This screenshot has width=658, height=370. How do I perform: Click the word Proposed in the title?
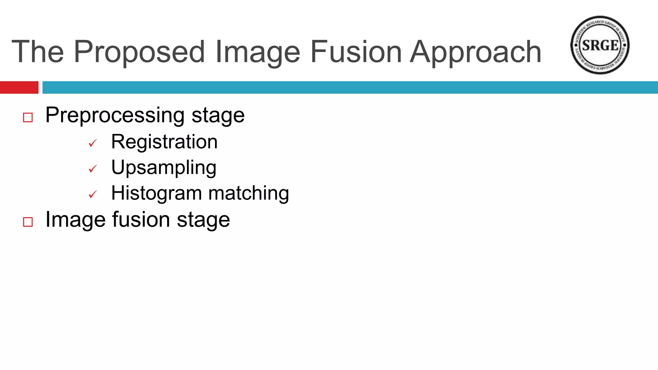tap(139, 52)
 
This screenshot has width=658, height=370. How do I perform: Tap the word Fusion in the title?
tap(356, 52)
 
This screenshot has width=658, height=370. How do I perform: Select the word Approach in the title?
tap(476, 52)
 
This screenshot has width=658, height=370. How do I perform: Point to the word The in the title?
tap(38, 52)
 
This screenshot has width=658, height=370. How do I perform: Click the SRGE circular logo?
tap(600, 45)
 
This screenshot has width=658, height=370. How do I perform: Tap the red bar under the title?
tap(19, 87)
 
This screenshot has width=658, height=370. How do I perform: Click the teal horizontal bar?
tap(350, 87)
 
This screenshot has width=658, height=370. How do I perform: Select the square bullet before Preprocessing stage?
tap(28, 118)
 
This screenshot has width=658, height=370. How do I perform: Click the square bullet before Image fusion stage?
tap(28, 222)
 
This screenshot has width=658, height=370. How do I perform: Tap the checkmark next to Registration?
tap(93, 143)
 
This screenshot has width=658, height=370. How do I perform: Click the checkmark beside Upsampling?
tap(93, 169)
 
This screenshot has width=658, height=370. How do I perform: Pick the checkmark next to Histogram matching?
tap(93, 194)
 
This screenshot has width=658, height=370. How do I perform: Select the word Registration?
tap(164, 142)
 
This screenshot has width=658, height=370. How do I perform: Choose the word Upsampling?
tap(164, 168)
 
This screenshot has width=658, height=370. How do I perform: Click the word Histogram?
tap(156, 193)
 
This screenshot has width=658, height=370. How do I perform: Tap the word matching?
tap(249, 193)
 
